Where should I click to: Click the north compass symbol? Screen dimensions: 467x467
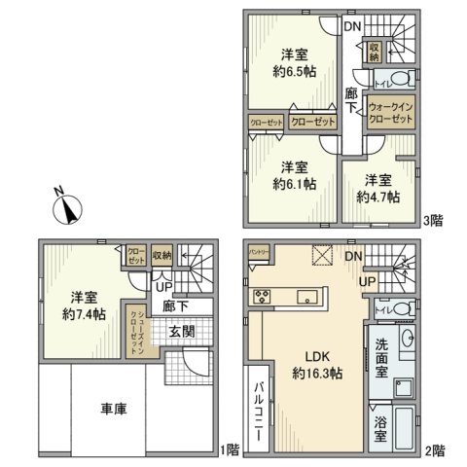[x=68, y=208]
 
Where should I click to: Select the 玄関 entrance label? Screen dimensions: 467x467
[x=182, y=332]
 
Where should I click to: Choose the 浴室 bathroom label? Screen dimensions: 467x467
[x=382, y=425]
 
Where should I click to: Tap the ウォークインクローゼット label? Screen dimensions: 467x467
[x=390, y=111]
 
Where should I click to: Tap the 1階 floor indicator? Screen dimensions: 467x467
[x=230, y=450]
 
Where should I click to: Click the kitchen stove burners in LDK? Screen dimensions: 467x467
[x=260, y=298]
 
